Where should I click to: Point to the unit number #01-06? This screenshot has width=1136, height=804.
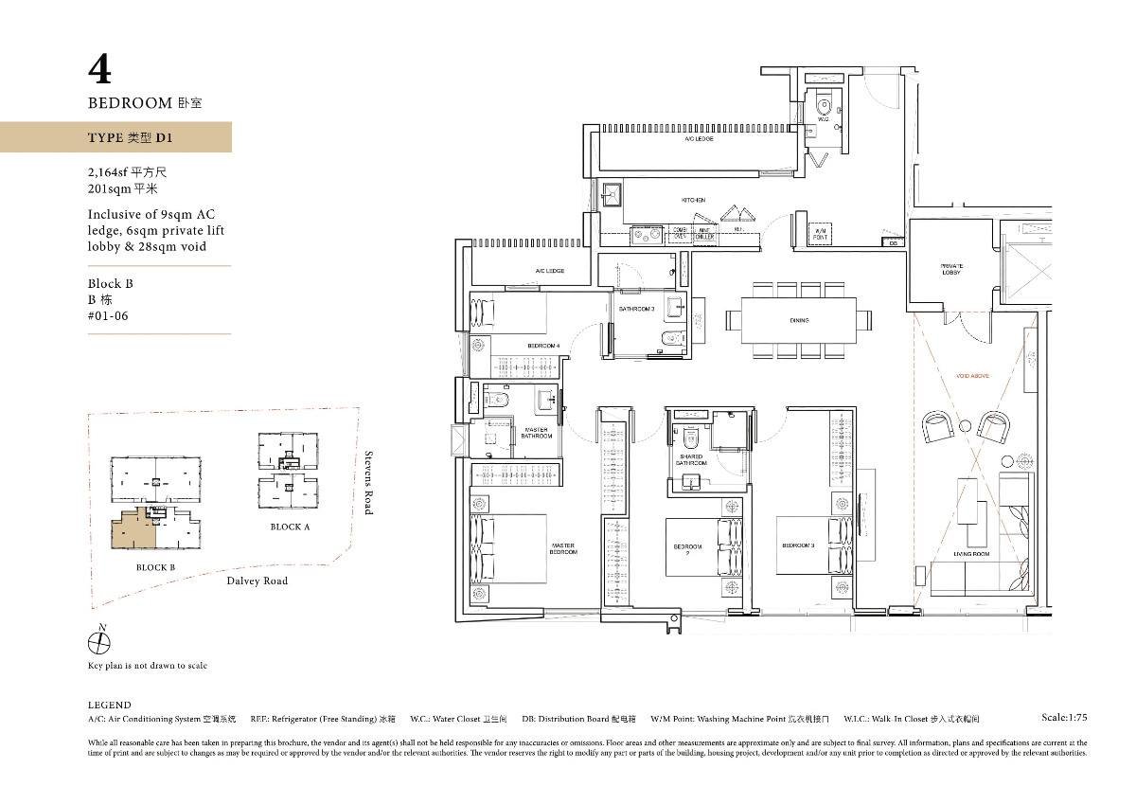coord(106,316)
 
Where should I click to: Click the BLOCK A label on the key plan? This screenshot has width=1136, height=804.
coord(290,527)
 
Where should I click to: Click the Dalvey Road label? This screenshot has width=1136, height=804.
coord(256,581)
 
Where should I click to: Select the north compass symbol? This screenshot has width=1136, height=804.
coord(98,642)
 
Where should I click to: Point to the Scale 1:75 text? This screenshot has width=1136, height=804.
coord(1063,718)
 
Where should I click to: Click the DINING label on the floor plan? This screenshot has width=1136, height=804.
coord(798,321)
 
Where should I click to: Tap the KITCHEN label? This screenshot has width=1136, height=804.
coord(694,201)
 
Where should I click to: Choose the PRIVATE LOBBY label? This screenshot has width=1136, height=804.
coord(951,269)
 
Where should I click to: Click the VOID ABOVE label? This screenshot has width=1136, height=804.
coord(972,376)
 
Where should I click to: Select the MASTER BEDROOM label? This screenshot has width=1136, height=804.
coord(563,548)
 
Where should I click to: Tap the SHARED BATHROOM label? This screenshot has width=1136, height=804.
coord(691,460)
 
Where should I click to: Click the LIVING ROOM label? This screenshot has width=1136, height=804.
coord(971,553)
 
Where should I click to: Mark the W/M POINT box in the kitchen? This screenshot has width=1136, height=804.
coord(820,234)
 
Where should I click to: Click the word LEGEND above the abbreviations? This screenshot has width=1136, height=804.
coord(109,705)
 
